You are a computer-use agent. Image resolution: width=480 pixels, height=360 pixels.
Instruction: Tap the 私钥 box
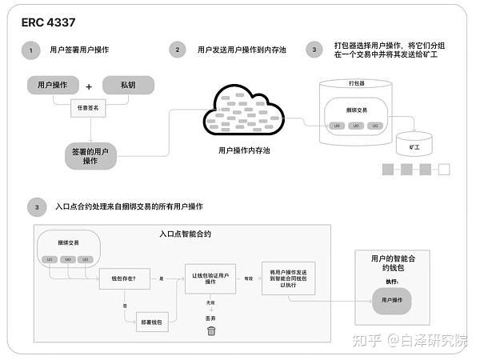128,86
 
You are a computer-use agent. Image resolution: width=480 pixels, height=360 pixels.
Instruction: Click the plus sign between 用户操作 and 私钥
90,86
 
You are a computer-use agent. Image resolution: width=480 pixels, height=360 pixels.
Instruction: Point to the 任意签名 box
89,106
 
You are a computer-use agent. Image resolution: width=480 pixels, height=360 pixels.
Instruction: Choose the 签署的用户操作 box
90,154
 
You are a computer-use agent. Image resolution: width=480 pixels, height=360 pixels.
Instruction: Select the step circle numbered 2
177,50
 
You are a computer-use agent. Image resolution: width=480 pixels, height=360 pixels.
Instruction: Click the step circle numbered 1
30,50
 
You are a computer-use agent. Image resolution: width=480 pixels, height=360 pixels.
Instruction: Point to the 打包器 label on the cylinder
357,83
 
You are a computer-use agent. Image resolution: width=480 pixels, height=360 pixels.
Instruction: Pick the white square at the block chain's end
444,169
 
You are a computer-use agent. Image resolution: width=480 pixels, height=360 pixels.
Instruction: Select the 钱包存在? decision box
118,278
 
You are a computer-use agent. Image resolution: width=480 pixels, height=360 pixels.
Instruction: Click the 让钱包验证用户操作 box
211,277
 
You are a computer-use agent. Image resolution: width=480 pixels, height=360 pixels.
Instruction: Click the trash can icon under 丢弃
211,330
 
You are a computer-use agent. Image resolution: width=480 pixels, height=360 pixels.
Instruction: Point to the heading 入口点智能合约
186,234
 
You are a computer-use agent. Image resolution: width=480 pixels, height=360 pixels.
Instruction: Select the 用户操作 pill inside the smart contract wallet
391,299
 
